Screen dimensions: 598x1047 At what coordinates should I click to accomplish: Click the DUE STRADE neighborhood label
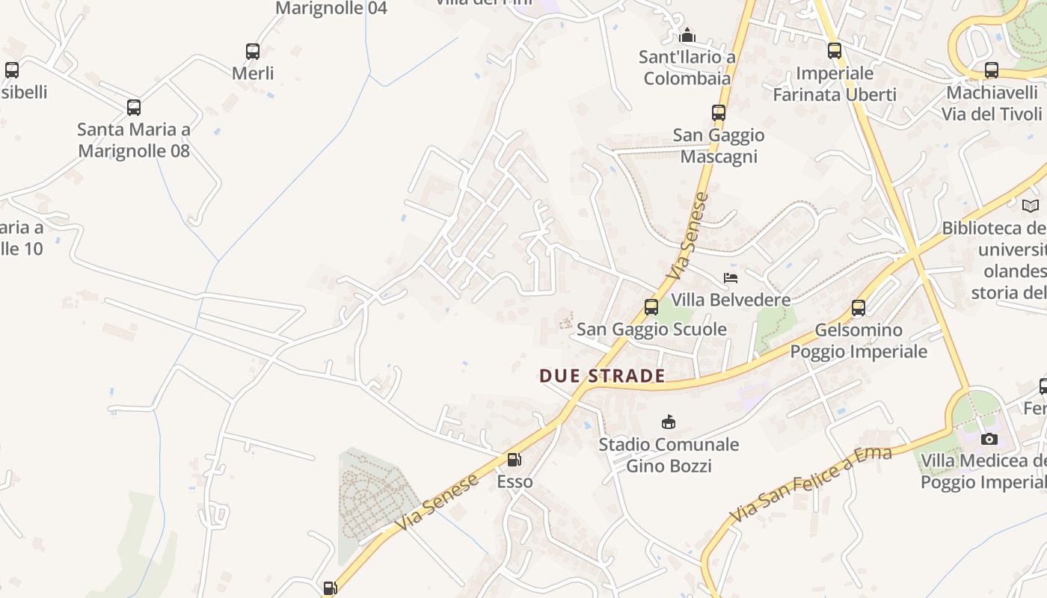pyautogui.click(x=602, y=375)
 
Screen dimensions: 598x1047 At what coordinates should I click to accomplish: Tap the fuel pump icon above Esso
pyautogui.click(x=515, y=460)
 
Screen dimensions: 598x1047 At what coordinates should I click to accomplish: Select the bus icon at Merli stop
pyautogui.click(x=253, y=52)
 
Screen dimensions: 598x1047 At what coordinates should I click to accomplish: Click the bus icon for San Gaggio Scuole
pyautogui.click(x=651, y=307)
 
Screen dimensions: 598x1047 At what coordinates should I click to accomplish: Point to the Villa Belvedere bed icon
pyautogui.click(x=731, y=278)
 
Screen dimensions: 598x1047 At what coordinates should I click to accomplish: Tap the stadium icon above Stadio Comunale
pyautogui.click(x=669, y=422)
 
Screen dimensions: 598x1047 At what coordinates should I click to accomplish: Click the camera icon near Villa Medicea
pyautogui.click(x=989, y=439)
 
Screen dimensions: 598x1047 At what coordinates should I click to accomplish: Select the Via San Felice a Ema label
pyautogui.click(x=811, y=484)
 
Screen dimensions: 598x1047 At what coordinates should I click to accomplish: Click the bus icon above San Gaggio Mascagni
pyautogui.click(x=719, y=113)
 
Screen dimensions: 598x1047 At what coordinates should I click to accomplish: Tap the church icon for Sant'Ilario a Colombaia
pyautogui.click(x=687, y=35)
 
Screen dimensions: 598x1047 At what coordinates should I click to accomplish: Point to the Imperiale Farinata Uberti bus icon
pyautogui.click(x=835, y=51)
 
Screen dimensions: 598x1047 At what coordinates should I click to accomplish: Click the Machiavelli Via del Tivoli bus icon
pyautogui.click(x=992, y=70)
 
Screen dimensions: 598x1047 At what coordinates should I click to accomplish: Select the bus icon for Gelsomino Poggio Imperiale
pyautogui.click(x=859, y=308)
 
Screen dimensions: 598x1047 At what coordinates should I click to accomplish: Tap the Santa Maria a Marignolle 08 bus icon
pyautogui.click(x=134, y=108)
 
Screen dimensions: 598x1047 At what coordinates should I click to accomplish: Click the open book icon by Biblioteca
pyautogui.click(x=1031, y=206)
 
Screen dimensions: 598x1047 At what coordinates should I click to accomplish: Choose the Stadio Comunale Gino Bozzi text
pyautogui.click(x=669, y=455)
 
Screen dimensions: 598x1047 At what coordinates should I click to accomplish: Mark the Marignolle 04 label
pyautogui.click(x=331, y=8)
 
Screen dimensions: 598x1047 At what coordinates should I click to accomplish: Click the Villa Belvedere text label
pyautogui.click(x=731, y=300)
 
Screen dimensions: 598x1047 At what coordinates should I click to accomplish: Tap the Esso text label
pyautogui.click(x=515, y=481)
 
